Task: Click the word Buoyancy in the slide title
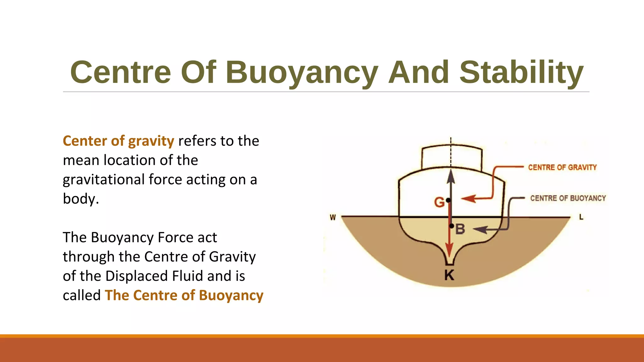(302, 73)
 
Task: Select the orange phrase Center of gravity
(118, 141)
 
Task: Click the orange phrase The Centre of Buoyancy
(184, 295)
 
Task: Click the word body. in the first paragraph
(81, 199)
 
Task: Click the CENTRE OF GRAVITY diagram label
(562, 167)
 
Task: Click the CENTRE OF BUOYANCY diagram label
(568, 198)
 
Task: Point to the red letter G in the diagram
(439, 202)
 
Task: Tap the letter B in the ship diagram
(460, 229)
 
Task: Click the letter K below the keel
(449, 275)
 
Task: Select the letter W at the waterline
(333, 217)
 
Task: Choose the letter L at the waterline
(581, 217)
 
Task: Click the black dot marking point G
(448, 200)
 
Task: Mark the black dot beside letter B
(452, 226)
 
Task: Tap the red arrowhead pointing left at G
(468, 199)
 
